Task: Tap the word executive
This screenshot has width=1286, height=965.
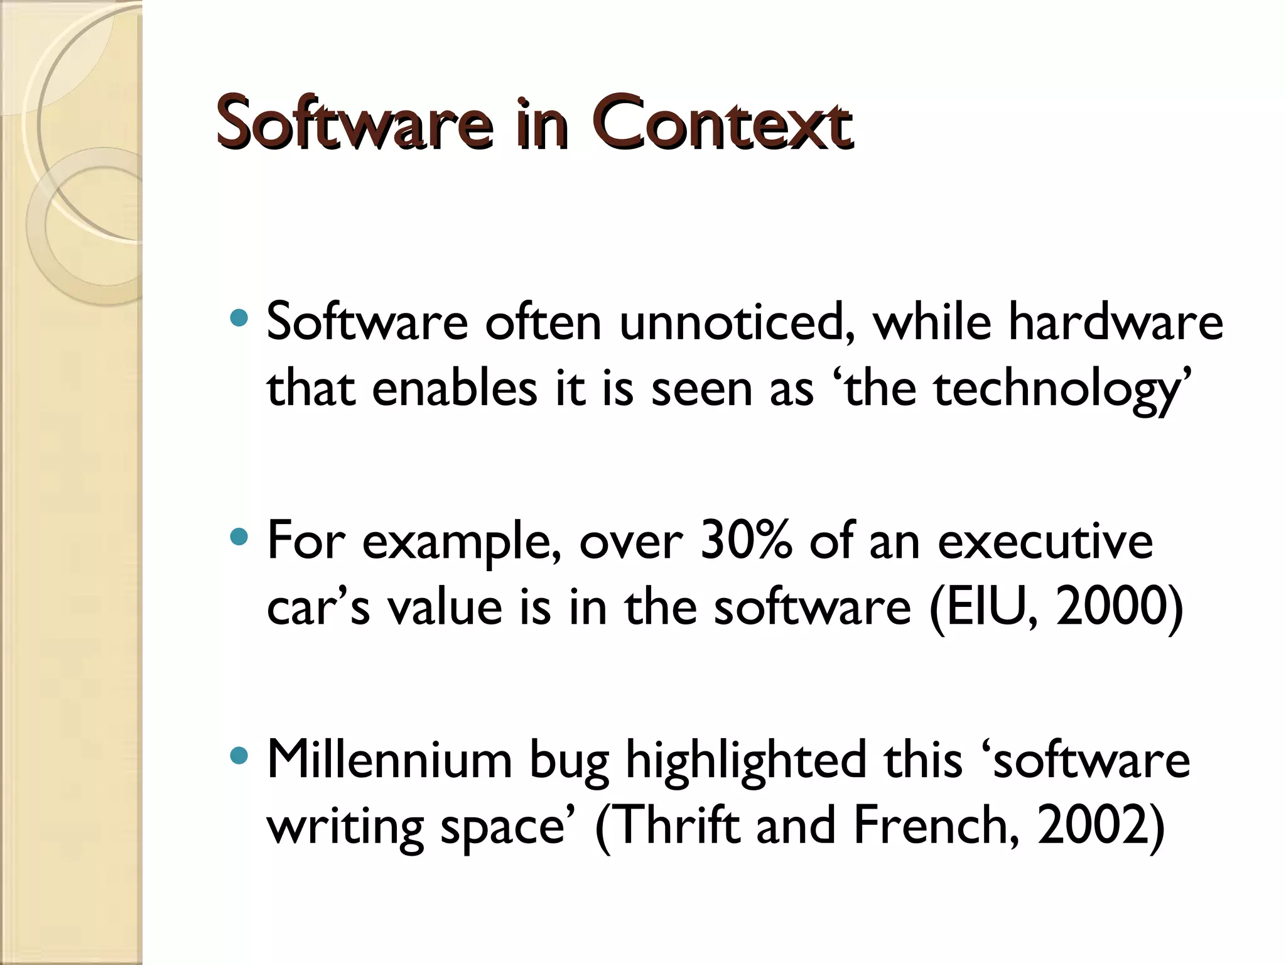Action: (1045, 542)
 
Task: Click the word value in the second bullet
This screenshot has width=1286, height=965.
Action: (445, 608)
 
